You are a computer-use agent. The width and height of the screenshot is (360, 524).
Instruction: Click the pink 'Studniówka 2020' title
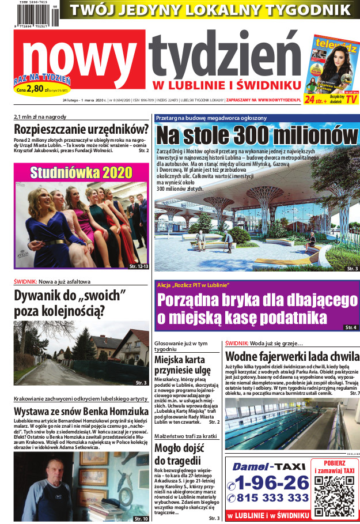[81, 172]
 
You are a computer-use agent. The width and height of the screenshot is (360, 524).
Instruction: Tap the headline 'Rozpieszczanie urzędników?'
[81, 129]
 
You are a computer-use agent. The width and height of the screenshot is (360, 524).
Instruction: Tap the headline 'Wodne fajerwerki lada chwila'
[292, 356]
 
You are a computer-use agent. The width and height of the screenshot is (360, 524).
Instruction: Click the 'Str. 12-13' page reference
[139, 267]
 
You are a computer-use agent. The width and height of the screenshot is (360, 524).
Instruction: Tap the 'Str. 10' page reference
[141, 519]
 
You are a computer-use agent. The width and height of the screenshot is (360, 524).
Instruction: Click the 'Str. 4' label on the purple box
[350, 327]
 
